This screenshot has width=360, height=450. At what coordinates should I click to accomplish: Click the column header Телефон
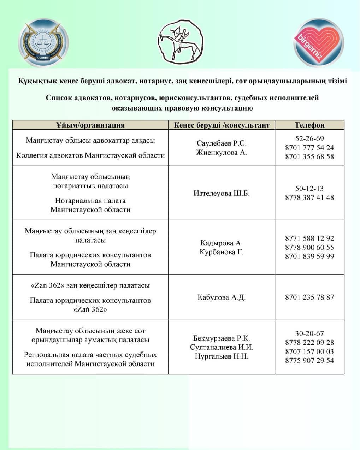click(309, 125)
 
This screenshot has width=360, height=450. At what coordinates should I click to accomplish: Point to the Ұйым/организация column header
click(90, 125)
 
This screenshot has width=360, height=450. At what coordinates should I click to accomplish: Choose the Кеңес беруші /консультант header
click(222, 125)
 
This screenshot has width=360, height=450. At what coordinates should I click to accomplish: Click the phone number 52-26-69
click(309, 138)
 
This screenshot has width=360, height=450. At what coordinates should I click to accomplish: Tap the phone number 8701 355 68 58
click(309, 156)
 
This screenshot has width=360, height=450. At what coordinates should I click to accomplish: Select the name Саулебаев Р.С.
click(222, 143)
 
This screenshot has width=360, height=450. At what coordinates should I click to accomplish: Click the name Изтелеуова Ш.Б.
click(222, 193)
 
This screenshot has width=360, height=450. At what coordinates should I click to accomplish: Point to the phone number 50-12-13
click(309, 189)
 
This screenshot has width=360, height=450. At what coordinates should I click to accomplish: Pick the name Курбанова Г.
click(222, 252)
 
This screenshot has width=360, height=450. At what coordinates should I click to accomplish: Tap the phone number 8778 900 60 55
click(309, 247)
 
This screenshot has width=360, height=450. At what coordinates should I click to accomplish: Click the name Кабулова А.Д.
click(222, 297)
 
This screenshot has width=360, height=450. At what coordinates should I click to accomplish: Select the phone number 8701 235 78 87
click(309, 297)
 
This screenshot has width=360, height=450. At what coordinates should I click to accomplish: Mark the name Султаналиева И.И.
click(222, 347)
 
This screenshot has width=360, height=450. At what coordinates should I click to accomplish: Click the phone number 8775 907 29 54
click(309, 361)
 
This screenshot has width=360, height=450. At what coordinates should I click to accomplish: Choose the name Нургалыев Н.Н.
click(222, 356)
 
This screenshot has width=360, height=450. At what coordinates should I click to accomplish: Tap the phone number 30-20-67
click(309, 333)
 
